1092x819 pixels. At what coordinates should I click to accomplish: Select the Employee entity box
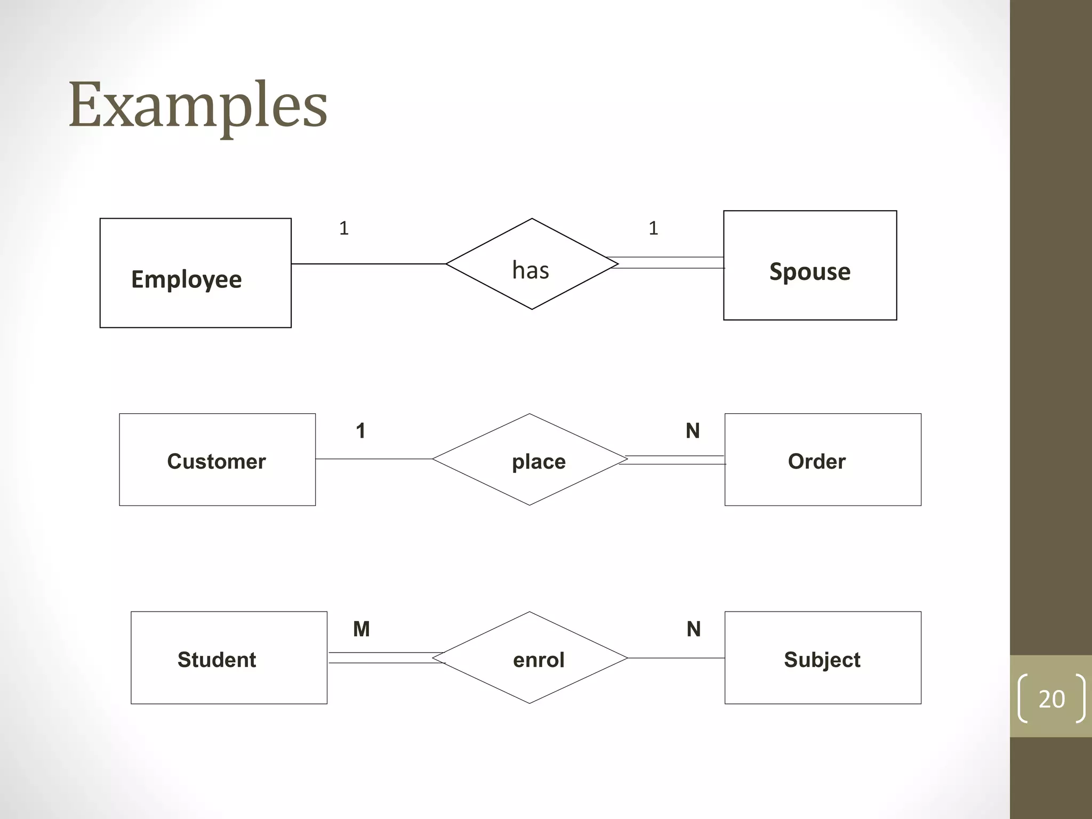[x=195, y=272]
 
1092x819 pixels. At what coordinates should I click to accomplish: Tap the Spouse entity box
[x=809, y=265]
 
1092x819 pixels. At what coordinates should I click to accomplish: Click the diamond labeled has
[x=532, y=264]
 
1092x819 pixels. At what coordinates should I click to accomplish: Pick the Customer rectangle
[x=217, y=460]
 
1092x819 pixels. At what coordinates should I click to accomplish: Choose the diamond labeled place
[x=530, y=460]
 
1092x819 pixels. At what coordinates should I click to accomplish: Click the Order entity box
[x=822, y=460]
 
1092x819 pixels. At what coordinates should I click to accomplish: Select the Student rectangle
[x=229, y=657]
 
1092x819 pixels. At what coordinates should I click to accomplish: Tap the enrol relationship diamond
[x=530, y=657]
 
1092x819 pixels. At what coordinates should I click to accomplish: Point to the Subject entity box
[x=822, y=657]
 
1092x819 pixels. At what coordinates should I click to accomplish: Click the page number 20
[x=1051, y=698]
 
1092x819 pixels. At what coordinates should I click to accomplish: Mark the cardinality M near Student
[x=361, y=629]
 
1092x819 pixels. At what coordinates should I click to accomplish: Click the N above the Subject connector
[x=693, y=629]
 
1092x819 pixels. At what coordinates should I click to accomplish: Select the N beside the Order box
[x=692, y=430]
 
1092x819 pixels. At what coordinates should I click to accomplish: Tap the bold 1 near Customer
[x=360, y=430]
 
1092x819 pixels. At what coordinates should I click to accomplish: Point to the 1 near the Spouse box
[x=653, y=228]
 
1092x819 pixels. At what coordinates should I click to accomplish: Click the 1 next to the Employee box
[x=344, y=228]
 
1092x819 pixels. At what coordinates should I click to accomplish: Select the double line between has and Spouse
[x=669, y=262]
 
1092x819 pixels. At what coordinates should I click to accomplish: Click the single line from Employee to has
[x=368, y=263]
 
